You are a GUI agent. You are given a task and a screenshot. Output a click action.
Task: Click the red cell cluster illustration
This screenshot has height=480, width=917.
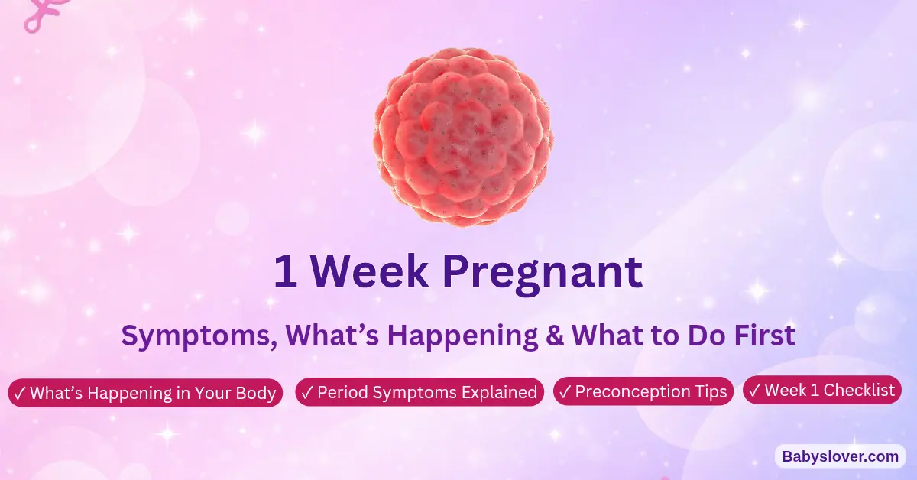463,137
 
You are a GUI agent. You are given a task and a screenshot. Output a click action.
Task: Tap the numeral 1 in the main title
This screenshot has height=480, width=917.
285,272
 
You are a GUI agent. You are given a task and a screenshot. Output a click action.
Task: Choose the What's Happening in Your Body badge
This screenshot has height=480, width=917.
145,393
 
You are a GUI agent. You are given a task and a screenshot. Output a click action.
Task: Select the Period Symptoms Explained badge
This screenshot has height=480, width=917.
420,393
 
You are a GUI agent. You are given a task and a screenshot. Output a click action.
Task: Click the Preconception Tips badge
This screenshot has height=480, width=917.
643,392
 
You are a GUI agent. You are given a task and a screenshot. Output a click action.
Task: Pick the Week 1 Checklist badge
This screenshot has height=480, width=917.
822,391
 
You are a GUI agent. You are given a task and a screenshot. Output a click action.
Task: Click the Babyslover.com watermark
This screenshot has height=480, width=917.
841,456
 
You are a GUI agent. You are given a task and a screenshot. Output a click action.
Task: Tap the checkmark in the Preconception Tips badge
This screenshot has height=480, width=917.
565,392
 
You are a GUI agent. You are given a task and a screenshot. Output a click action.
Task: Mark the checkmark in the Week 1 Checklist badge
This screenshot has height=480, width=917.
754,391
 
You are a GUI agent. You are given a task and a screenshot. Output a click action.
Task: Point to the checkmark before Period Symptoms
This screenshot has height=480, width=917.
307,393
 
